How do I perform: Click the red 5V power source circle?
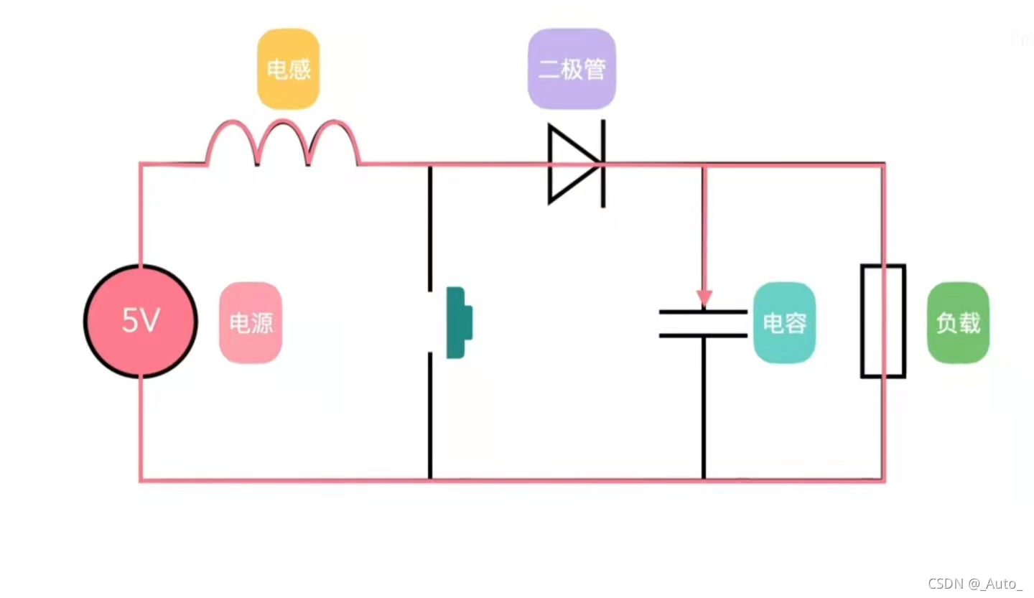click(141, 321)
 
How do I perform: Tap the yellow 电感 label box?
click(288, 69)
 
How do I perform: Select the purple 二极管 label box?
click(572, 69)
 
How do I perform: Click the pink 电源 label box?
click(251, 322)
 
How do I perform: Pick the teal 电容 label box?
click(784, 322)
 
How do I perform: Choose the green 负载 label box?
click(958, 322)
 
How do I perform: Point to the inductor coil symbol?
click(283, 143)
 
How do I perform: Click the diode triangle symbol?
click(572, 164)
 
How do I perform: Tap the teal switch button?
click(459, 322)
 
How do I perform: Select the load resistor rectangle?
click(882, 321)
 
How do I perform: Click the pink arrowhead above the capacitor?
click(704, 297)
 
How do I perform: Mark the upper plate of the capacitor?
click(704, 312)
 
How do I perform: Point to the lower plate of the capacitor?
click(704, 335)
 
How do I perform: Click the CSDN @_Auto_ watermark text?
click(974, 583)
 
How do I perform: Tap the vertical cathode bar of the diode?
click(602, 164)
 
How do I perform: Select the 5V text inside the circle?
click(140, 321)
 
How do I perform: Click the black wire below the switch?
click(430, 416)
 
